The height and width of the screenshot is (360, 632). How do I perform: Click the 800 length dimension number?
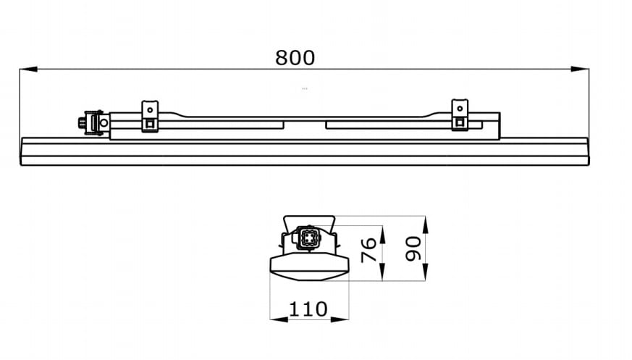[295, 58]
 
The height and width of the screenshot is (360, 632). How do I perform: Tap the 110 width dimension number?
[308, 309]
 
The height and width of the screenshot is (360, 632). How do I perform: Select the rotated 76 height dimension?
[368, 250]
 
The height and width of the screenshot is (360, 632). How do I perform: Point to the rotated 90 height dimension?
[413, 248]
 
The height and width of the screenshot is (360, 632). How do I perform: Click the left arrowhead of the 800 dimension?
[28, 70]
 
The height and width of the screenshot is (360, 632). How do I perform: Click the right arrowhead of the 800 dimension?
[580, 69]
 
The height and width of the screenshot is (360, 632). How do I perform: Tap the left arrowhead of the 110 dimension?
[279, 319]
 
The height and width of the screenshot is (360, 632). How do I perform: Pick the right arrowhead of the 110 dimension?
[340, 319]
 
